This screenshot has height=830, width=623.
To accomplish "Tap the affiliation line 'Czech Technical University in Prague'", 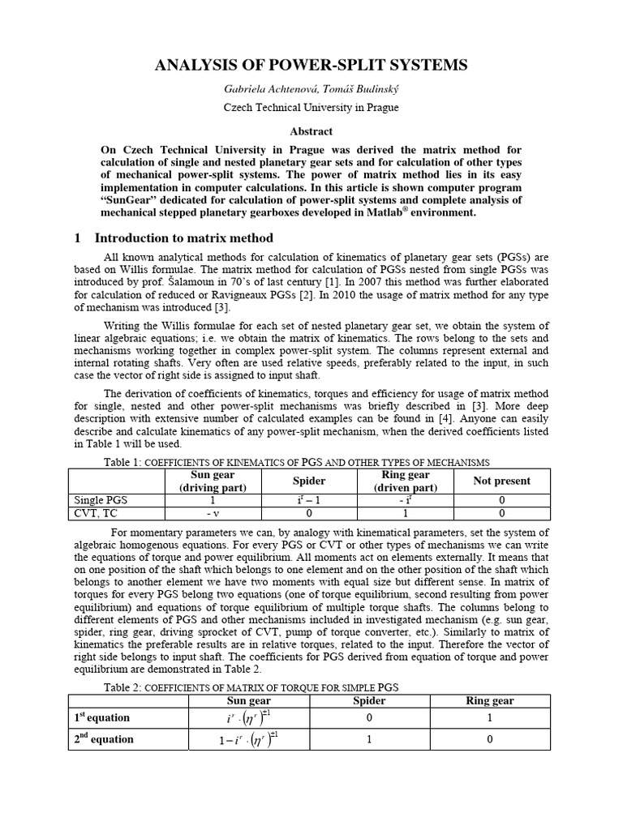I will click(x=311, y=107).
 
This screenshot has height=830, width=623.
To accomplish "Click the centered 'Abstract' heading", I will click(x=311, y=130).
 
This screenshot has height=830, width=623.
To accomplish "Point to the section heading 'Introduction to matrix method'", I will click(x=184, y=237).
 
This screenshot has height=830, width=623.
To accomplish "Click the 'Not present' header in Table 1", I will click(x=501, y=481).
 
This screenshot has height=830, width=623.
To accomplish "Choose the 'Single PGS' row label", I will click(x=101, y=500).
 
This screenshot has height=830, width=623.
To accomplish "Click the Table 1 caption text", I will click(x=297, y=461).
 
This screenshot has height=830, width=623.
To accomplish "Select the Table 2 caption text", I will click(x=251, y=687).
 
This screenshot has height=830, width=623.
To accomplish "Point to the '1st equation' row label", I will click(x=101, y=717).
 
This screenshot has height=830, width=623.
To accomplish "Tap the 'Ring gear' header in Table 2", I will click(x=490, y=700).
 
